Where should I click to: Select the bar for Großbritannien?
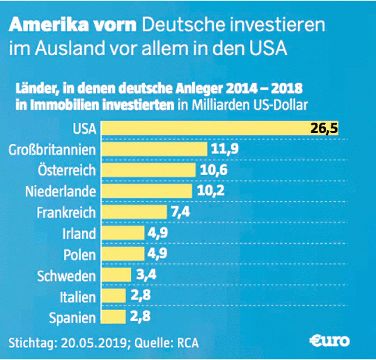pos(155,149)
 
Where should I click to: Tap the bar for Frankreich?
pos(134,212)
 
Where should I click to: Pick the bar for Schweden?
pos(116,275)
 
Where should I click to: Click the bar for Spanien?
pos(113,317)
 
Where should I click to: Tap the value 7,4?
pos(181,212)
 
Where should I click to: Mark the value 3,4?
pos(146,275)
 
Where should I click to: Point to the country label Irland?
pos(78,233)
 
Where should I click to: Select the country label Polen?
pos(79,254)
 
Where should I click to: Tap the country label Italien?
pos(77,297)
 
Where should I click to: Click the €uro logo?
pos(331,341)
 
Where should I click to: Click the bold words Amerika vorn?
pos(74,26)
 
